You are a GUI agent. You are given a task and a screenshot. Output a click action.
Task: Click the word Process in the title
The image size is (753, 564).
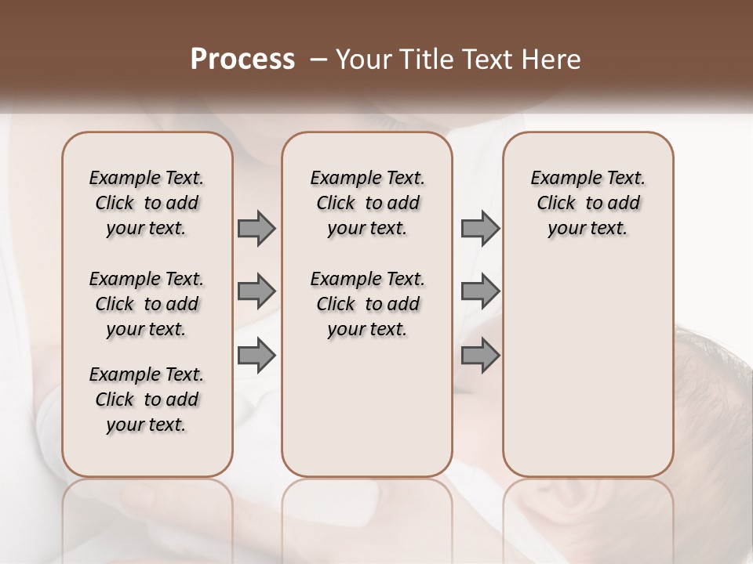(x=242, y=60)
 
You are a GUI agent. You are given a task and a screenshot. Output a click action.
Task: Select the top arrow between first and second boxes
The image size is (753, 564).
(x=256, y=228)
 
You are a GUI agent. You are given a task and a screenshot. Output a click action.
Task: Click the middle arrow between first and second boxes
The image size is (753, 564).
(x=256, y=291)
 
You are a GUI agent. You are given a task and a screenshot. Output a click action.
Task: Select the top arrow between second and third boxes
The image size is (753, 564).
(x=480, y=228)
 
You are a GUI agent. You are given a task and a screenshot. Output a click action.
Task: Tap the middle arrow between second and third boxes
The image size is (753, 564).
(x=480, y=291)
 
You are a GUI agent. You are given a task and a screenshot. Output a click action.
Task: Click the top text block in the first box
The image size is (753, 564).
(x=147, y=203)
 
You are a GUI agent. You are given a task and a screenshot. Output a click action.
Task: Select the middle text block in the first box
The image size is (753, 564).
(x=147, y=304)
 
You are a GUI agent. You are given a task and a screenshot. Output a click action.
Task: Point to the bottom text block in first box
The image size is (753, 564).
(x=147, y=399)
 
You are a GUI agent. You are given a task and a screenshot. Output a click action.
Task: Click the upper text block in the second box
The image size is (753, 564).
(x=367, y=203)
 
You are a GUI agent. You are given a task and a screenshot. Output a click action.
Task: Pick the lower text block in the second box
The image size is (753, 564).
(x=367, y=304)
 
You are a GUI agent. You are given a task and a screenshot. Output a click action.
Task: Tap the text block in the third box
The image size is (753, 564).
(x=587, y=203)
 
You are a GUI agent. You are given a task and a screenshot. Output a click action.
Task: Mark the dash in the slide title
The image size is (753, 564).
(x=318, y=60)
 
